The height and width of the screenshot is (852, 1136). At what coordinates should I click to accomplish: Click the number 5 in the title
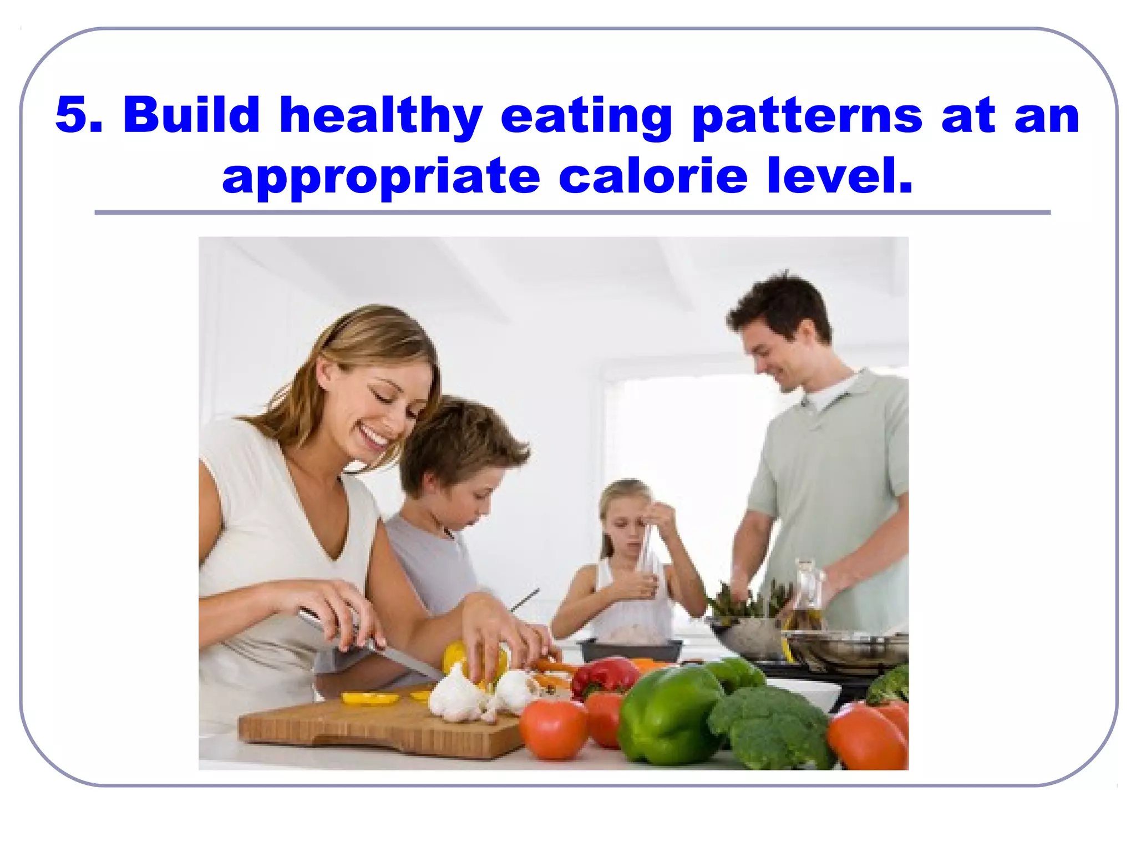pyautogui.click(x=71, y=115)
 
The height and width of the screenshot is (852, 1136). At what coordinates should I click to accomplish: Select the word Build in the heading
pyautogui.click(x=191, y=115)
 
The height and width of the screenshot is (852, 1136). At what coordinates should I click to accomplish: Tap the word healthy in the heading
pyautogui.click(x=381, y=116)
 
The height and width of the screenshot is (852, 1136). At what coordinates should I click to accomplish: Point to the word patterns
pyautogui.click(x=808, y=116)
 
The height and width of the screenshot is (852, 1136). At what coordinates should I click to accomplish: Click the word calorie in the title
pyautogui.click(x=653, y=176)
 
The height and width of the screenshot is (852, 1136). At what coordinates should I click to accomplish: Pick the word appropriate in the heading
pyautogui.click(x=381, y=177)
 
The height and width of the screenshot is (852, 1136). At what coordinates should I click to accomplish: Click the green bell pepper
pyautogui.click(x=668, y=716)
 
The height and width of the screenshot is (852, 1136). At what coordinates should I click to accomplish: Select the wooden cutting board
pyautogui.click(x=377, y=727)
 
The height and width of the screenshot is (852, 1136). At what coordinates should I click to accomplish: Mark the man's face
pyautogui.click(x=777, y=355)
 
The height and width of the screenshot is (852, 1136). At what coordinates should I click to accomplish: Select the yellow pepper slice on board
pyautogui.click(x=369, y=698)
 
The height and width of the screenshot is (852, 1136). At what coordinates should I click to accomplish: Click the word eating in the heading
pyautogui.click(x=586, y=116)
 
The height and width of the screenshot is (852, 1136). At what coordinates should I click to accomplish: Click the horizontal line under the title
pyautogui.click(x=571, y=212)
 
